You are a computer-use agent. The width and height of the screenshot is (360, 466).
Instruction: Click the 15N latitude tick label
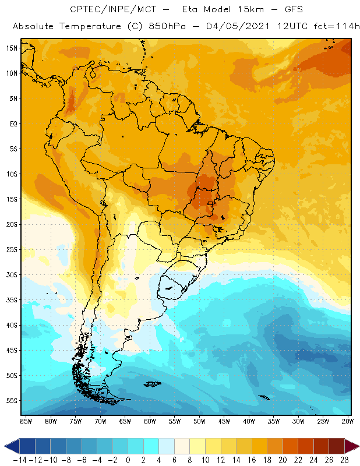12,48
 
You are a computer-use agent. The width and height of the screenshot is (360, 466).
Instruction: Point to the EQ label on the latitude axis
13,123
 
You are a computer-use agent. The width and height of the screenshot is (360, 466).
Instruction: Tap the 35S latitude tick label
12,300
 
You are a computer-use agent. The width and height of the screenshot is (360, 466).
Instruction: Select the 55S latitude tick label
12,401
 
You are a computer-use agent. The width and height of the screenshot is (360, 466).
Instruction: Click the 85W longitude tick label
26,421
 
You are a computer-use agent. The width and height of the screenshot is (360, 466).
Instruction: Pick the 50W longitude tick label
200,421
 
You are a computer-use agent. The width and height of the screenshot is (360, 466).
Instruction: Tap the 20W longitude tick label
348,421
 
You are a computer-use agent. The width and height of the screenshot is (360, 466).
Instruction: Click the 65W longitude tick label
125,421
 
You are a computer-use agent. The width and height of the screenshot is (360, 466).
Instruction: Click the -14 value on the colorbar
20,460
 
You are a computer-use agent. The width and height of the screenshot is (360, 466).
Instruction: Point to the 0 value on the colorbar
128,460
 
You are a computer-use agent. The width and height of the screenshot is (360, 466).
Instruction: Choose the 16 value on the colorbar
253,460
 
